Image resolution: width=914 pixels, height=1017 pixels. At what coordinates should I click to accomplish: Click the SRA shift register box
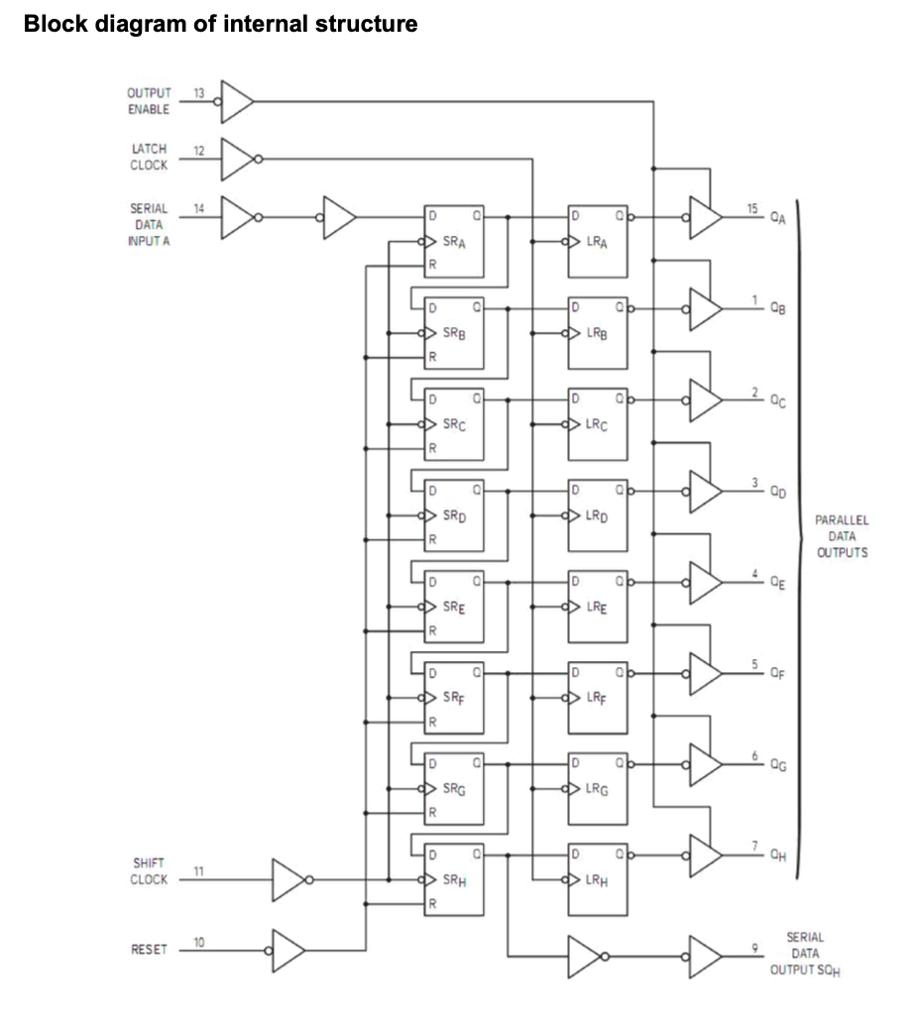[453, 241]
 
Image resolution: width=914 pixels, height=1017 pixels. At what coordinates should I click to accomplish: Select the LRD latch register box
[598, 515]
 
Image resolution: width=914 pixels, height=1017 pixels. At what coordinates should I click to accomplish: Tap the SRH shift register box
[453, 879]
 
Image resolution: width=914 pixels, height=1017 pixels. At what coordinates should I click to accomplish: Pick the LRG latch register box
[598, 789]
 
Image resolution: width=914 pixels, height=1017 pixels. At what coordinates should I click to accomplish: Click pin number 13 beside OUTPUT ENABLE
[198, 93]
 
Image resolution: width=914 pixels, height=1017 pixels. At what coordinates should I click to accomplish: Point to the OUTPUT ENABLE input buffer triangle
[237, 102]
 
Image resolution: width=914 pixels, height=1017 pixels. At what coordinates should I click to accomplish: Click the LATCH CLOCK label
[149, 157]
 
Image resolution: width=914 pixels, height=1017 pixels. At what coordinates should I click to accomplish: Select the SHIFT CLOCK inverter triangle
[288, 880]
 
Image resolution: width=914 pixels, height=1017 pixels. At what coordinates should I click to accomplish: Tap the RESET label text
[149, 950]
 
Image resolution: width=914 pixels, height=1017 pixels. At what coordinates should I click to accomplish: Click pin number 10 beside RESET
[198, 942]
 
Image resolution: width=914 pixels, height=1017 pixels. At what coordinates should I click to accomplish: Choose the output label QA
[778, 219]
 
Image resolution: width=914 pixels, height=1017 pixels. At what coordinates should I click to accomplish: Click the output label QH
[778, 856]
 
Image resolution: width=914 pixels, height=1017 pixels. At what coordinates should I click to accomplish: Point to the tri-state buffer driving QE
[706, 583]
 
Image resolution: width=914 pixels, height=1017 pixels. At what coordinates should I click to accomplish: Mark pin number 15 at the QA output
[751, 208]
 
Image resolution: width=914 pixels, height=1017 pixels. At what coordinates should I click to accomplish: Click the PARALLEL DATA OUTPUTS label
[842, 536]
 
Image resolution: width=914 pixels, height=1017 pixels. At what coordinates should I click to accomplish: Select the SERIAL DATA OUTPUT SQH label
[805, 955]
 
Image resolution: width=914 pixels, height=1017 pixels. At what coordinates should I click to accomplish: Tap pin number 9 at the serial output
[754, 948]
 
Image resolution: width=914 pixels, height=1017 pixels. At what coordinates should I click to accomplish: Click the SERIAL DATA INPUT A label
[149, 224]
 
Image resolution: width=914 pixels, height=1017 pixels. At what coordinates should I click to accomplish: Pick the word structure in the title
[367, 24]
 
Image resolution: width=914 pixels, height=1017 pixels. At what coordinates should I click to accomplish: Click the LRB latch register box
[598, 333]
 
